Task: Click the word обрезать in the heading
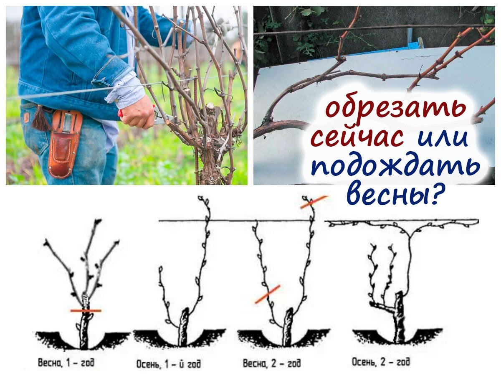(395, 109)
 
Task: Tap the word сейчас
(357, 137)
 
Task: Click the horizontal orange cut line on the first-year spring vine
(86, 311)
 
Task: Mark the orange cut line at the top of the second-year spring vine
(314, 202)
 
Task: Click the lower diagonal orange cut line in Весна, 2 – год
(267, 294)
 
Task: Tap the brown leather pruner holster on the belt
(64, 143)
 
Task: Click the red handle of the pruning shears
(120, 113)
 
